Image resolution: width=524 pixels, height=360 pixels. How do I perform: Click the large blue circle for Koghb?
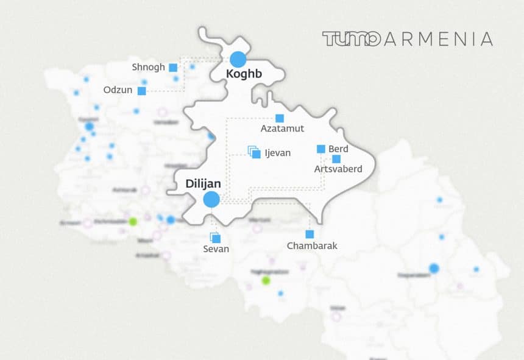(238, 60)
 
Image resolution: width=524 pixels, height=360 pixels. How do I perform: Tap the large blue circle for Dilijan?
(211, 199)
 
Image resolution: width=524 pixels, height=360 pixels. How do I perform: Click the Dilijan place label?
(204, 183)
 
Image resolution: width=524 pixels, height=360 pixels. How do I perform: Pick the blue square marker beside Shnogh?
(173, 68)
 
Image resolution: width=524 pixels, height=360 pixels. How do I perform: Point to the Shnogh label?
(149, 67)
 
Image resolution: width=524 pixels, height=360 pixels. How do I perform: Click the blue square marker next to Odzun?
(142, 91)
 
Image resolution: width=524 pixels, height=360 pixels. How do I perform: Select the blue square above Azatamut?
(280, 118)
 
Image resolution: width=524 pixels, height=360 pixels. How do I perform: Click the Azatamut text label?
(282, 129)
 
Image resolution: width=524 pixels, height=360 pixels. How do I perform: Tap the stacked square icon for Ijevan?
(255, 152)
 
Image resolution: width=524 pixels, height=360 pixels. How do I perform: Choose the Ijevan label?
(278, 153)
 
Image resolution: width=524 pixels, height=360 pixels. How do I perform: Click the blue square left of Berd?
(321, 149)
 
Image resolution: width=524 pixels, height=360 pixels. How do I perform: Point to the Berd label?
(338, 149)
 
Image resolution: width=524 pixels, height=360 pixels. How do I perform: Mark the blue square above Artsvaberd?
(336, 159)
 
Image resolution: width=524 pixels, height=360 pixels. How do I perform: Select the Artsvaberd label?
(338, 169)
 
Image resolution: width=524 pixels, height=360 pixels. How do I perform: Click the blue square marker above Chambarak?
(310, 235)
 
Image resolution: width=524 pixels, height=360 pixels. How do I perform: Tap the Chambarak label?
(311, 246)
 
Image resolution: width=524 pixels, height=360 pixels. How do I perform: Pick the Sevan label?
(216, 249)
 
